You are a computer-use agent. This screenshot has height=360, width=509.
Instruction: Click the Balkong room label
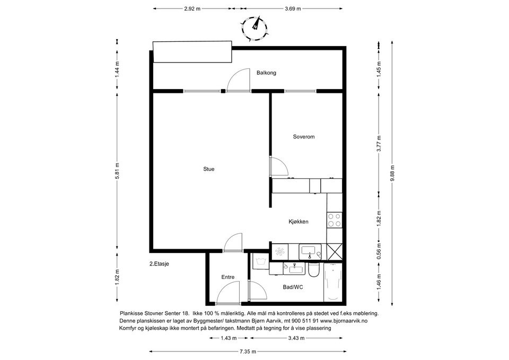[266, 73]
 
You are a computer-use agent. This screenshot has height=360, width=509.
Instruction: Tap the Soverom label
[303, 137]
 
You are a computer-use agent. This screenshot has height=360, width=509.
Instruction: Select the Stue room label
[209, 169]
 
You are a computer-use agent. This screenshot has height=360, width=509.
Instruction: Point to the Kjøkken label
[299, 222]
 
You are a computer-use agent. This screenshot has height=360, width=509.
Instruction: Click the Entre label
[228, 277]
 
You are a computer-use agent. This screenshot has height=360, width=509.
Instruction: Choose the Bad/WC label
[293, 287]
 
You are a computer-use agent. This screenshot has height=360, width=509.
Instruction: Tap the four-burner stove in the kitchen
[335, 220]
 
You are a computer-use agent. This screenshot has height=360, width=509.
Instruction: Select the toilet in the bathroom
[314, 270]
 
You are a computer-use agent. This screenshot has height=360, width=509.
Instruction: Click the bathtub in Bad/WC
[333, 283]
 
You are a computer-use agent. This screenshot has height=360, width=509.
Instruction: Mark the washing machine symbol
[261, 261]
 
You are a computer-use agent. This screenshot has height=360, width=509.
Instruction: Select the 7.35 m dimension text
[248, 351]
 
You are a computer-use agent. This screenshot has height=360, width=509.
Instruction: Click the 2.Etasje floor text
[159, 264]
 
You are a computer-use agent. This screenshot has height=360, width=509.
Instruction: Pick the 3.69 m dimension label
[293, 9]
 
